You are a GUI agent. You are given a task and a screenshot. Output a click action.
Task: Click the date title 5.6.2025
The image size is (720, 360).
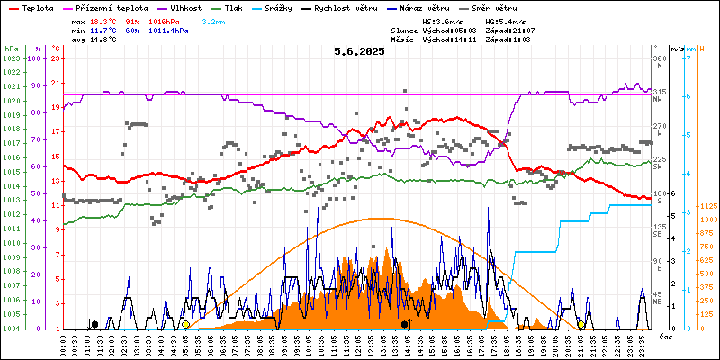click(359, 51)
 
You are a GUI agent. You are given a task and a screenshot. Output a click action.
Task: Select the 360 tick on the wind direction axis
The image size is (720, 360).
click(659, 58)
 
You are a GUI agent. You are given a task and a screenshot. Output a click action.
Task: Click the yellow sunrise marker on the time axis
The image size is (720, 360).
click(185, 324)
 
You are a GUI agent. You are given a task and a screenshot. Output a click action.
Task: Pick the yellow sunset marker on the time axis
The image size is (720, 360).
click(580, 324)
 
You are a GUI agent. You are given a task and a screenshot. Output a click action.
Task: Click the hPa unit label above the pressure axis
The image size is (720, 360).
click(10, 48)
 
